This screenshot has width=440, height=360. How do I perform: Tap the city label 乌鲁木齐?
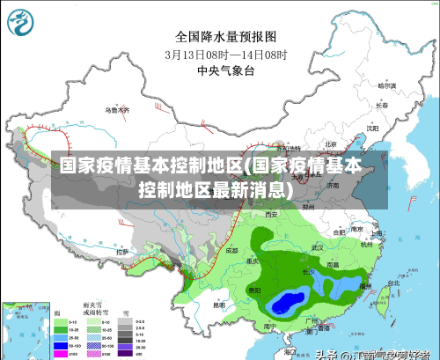pos(116,110)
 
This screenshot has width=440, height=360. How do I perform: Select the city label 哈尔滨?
pos(387,86)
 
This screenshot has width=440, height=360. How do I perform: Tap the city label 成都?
pos(231,250)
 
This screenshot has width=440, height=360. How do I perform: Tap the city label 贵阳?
pos(254,289)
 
